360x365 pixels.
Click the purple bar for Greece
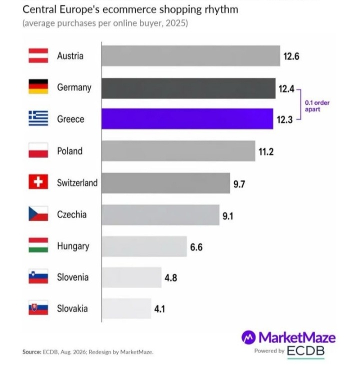[x=187, y=118]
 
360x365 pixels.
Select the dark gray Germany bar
[x=188, y=88]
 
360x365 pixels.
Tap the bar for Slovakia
[x=126, y=308]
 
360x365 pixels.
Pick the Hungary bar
[x=144, y=246]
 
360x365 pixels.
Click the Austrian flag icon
[x=38, y=55]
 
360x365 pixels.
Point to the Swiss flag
[x=38, y=181]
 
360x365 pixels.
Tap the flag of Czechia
[x=38, y=213]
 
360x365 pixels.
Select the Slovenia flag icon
[x=38, y=276]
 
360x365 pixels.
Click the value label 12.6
[x=291, y=56]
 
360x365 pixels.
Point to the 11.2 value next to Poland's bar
[x=266, y=152]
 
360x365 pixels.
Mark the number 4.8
[x=171, y=277]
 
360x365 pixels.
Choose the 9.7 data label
[x=239, y=184]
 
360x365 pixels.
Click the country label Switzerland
[x=77, y=182]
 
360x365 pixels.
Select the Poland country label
[x=70, y=151]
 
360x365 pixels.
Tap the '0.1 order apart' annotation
[x=317, y=106]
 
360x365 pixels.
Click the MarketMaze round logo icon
[x=248, y=337]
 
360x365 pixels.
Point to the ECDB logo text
[x=306, y=351]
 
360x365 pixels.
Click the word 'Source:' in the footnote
[x=32, y=351]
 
